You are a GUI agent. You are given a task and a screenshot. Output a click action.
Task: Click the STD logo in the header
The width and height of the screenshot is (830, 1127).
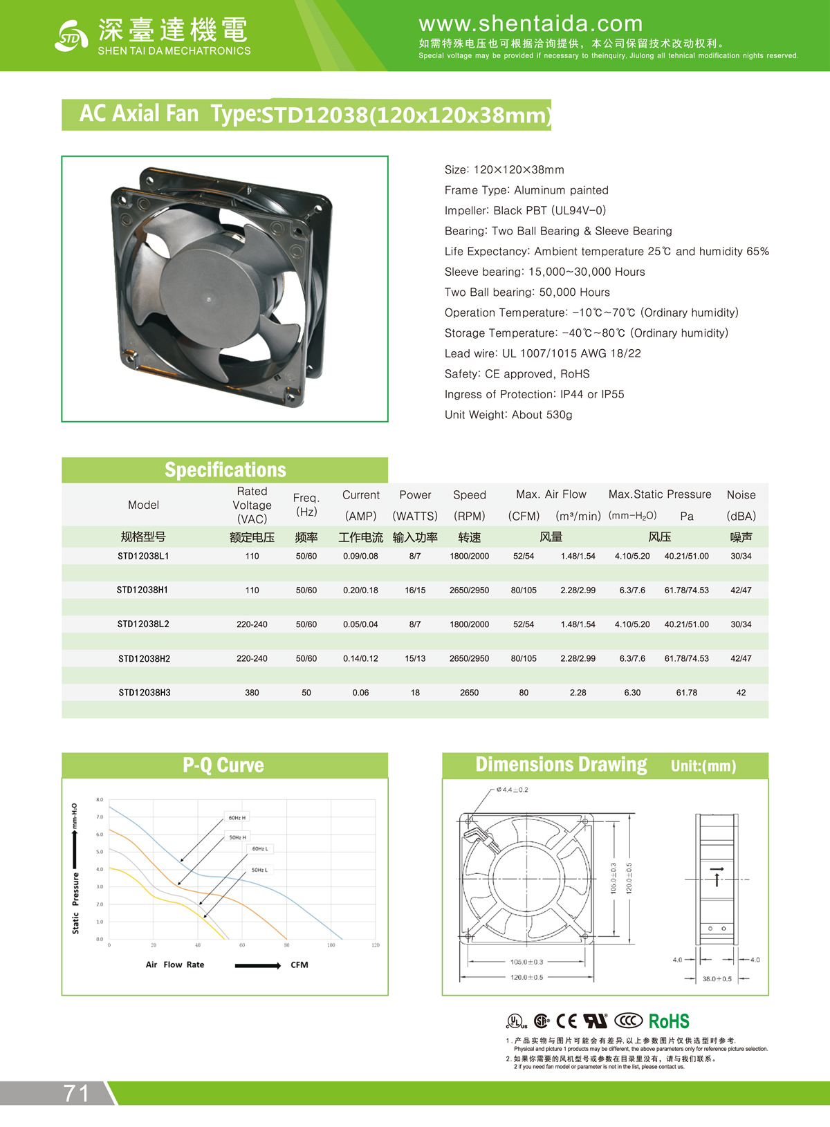coord(71,36)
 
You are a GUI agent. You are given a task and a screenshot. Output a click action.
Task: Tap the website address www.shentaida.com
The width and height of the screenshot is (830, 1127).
coord(531,24)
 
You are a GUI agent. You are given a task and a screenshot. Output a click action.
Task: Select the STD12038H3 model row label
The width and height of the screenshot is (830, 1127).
coord(144,692)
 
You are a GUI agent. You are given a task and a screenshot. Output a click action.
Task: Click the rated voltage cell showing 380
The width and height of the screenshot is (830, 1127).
coord(252,692)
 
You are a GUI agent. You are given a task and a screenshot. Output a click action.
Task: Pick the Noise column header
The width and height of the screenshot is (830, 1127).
coord(741,495)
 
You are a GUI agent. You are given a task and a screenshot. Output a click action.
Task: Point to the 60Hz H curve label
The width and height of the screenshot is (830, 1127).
coord(237,817)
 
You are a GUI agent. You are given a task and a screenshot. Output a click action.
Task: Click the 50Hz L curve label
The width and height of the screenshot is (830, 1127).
coord(259,870)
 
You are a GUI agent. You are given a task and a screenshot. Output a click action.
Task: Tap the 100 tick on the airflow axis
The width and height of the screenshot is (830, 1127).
coord(331,945)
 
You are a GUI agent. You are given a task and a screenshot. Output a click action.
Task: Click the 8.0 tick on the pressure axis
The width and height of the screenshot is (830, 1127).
coord(100,800)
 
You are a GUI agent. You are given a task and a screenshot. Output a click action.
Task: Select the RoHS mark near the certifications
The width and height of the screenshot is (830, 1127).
coord(669,1021)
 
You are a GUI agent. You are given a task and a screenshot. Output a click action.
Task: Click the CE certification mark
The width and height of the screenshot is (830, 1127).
coord(566,1021)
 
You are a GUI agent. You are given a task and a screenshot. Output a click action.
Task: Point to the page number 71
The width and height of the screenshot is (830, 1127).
coord(77,1093)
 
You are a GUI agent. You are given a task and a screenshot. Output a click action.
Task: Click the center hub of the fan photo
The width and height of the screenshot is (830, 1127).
coord(209,299)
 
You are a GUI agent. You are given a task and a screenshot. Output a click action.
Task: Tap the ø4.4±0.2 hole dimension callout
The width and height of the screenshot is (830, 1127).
coord(512,790)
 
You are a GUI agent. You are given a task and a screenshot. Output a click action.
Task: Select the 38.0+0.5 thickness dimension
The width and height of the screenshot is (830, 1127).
coord(717,979)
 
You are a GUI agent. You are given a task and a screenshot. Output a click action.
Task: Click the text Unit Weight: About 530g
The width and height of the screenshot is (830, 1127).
coord(508,415)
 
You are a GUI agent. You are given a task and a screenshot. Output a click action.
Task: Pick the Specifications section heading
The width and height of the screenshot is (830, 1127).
coord(225,470)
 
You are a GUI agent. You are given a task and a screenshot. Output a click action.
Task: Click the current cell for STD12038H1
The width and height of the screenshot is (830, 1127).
coord(360,590)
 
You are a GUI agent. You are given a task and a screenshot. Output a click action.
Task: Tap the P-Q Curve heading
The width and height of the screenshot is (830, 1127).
coord(223,765)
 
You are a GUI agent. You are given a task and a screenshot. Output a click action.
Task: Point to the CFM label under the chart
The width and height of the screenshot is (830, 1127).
coord(299,965)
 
